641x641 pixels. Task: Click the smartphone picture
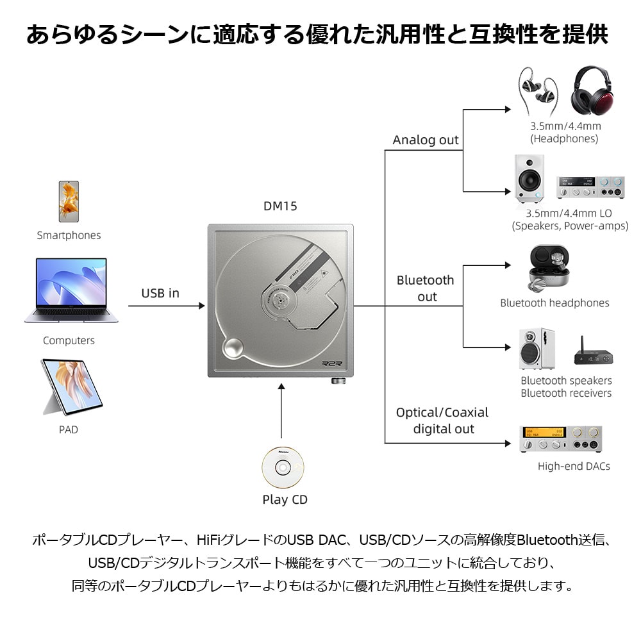(69, 201)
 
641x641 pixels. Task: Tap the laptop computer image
(71, 290)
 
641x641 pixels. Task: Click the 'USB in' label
(160, 294)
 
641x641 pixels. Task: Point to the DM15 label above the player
(280, 206)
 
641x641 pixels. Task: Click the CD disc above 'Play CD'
(283, 467)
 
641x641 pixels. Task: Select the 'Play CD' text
(285, 500)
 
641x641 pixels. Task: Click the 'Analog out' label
(426, 140)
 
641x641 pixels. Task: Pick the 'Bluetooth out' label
(426, 288)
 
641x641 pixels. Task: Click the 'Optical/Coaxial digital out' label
(442, 420)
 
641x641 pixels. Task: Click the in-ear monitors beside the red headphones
(538, 91)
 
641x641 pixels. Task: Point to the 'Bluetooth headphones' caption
(554, 303)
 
